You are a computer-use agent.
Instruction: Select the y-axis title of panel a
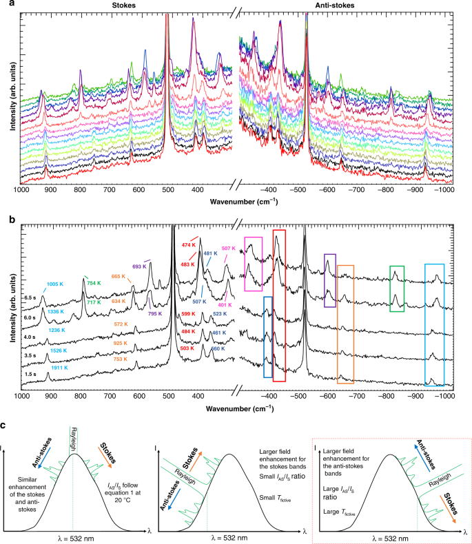[8, 96]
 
